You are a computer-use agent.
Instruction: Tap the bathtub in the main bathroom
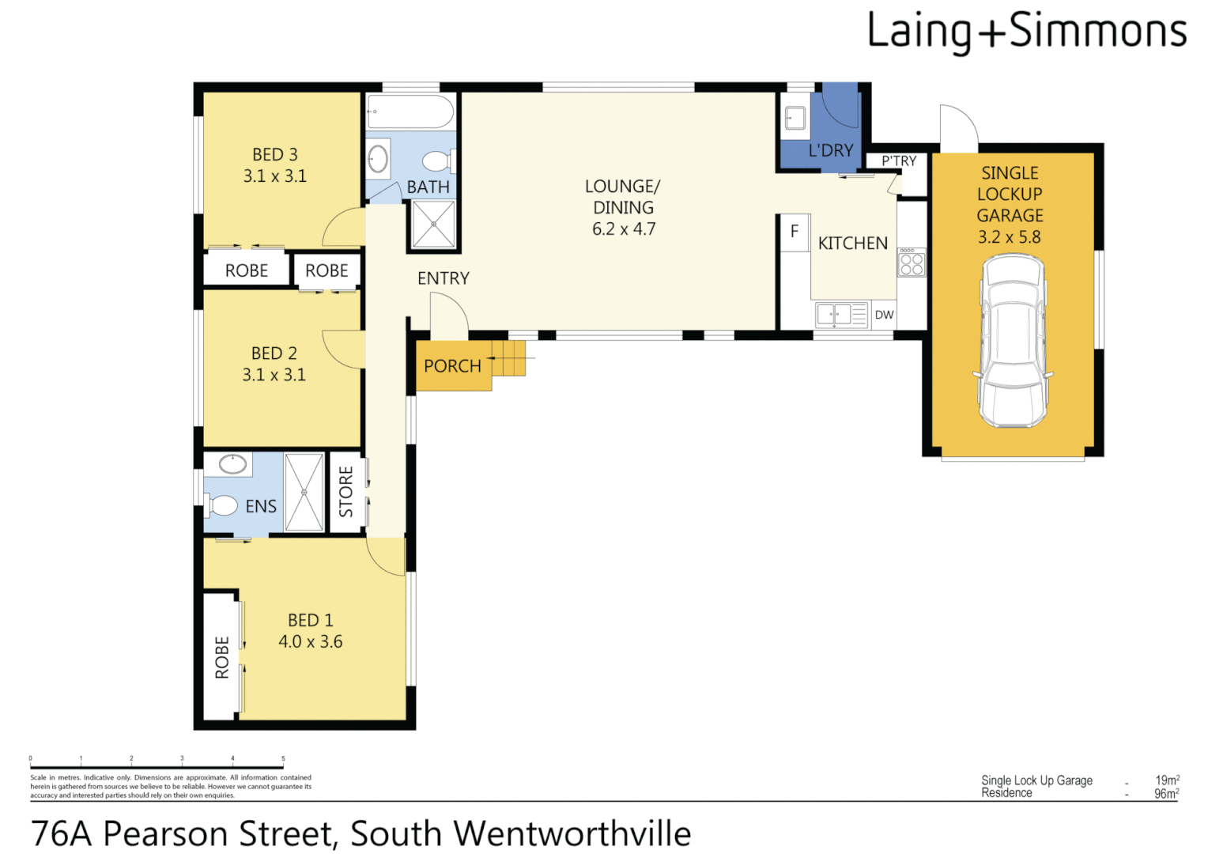(x=410, y=112)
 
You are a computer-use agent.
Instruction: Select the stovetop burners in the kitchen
(x=912, y=263)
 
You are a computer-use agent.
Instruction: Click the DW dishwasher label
(x=884, y=315)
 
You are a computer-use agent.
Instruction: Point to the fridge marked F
(x=794, y=232)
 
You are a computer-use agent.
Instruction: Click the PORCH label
(x=452, y=366)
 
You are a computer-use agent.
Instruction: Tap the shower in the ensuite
(x=304, y=492)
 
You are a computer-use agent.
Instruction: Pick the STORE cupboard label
(x=346, y=492)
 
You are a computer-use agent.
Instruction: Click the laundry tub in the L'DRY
(x=795, y=119)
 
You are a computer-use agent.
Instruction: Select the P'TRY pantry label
(x=899, y=161)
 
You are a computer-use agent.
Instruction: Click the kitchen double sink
(x=841, y=315)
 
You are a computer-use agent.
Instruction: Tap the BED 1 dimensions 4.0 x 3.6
(x=310, y=642)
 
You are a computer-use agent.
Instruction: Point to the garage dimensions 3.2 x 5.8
(x=1009, y=237)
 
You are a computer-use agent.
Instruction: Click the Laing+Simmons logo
(x=1026, y=32)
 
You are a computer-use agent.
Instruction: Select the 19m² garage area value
(x=1166, y=780)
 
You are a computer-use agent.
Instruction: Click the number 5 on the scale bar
(x=283, y=759)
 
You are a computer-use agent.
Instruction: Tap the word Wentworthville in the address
(x=572, y=834)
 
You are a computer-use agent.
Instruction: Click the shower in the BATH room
(x=434, y=225)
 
